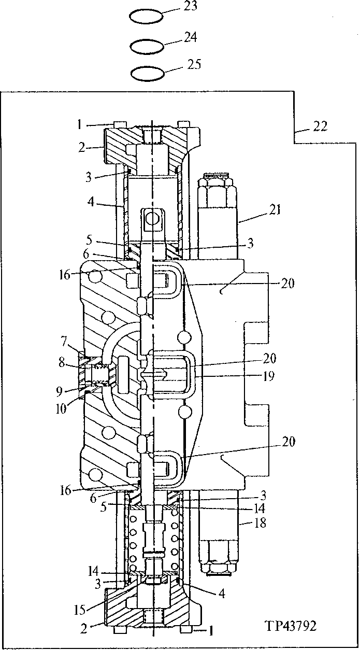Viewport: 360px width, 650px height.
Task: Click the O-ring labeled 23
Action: (146, 16)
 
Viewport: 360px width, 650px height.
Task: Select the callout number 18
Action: (260, 523)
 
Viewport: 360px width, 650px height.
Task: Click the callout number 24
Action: (190, 37)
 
